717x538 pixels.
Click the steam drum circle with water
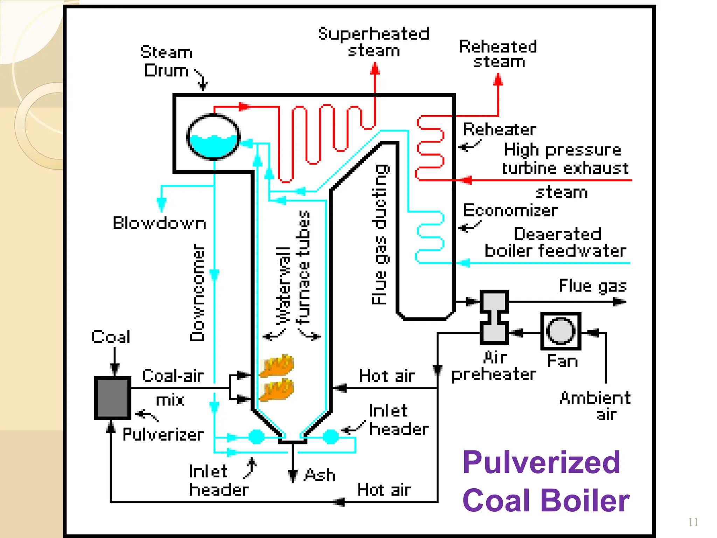(x=213, y=137)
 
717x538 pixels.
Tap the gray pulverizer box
(x=112, y=398)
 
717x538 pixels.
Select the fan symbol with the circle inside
(x=561, y=331)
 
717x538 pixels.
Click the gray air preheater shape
(x=494, y=317)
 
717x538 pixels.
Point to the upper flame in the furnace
(x=277, y=366)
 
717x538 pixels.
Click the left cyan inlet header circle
(x=256, y=437)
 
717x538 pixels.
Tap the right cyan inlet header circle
(x=330, y=437)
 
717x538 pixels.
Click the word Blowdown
(x=159, y=223)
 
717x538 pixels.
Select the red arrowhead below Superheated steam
(x=375, y=69)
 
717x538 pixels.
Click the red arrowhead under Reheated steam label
(x=498, y=80)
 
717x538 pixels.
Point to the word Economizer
(x=510, y=211)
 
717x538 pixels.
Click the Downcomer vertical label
(x=197, y=292)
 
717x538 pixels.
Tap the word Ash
(x=320, y=475)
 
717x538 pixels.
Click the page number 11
(x=693, y=522)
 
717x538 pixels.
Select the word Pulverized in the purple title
(x=541, y=462)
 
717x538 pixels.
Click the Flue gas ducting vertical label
(x=380, y=235)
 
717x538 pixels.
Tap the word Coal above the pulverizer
(x=111, y=337)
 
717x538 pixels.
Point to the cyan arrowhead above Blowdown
(x=161, y=204)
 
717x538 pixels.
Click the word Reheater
(x=499, y=130)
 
